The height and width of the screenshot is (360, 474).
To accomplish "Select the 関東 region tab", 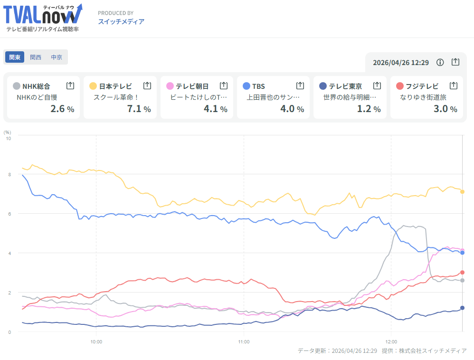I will point(15,57).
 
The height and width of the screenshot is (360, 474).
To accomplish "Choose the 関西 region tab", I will point(36,57).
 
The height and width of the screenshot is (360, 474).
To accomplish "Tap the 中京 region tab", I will point(57,57).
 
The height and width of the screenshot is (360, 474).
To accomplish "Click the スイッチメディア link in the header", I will point(121,21).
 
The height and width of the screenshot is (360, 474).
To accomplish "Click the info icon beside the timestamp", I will point(440,62).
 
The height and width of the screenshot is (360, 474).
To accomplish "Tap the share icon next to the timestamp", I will point(455,62).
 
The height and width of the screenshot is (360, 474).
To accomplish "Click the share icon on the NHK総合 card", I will point(70,85).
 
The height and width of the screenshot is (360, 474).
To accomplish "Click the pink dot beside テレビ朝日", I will point(170,86).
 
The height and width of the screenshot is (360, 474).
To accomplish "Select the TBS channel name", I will point(258,86).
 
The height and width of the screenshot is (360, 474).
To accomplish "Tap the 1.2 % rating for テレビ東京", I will point(369,109).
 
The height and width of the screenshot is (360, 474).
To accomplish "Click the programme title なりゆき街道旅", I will point(423,97).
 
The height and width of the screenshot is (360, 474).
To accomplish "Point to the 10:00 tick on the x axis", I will point(96,341).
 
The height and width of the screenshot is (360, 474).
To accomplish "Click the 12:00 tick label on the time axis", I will point(391,341).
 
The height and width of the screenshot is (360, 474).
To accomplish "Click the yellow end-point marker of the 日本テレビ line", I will point(462,191).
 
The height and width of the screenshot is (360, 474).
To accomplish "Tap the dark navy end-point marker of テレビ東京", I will point(462,308).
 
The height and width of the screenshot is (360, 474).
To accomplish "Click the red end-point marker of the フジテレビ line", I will point(462,273).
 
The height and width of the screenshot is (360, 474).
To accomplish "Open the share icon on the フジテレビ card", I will point(454,85).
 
